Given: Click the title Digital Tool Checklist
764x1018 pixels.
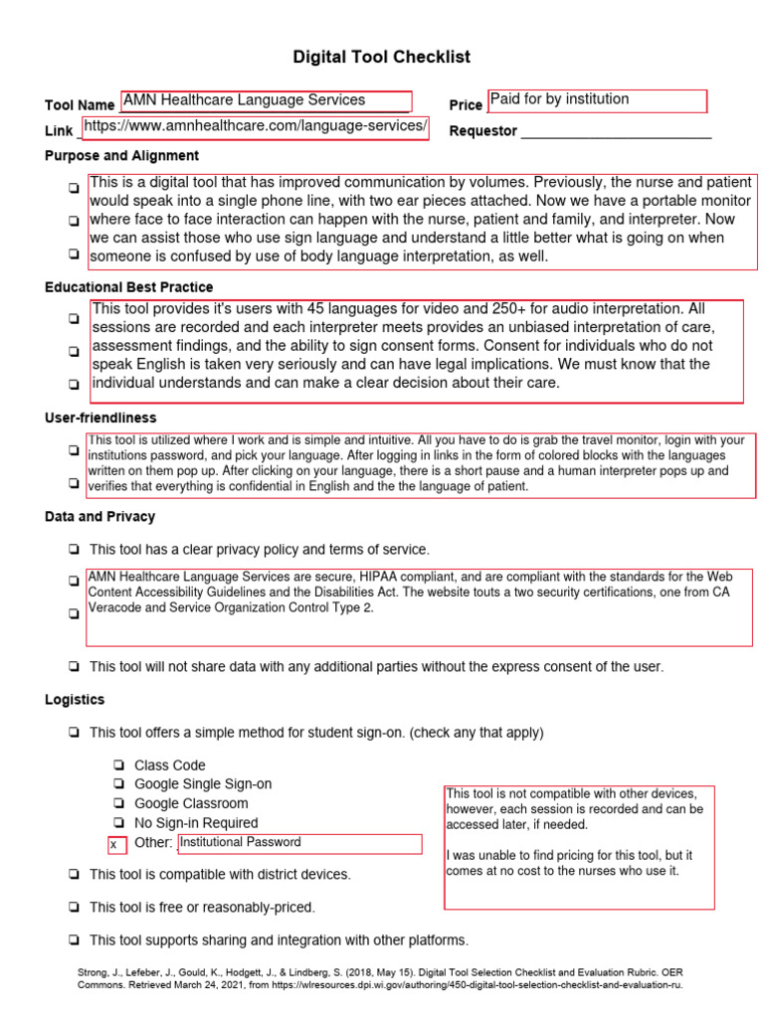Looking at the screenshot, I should point(381,58).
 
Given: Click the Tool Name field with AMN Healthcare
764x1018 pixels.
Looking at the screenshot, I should point(265,100).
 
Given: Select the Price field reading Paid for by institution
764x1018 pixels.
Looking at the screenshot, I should point(597,100).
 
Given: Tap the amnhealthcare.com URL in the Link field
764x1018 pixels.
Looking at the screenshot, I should point(255,126).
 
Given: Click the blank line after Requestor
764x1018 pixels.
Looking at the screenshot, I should point(616,132).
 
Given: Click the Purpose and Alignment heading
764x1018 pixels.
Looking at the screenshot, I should point(121,156).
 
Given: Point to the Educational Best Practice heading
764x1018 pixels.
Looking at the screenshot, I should point(128,287).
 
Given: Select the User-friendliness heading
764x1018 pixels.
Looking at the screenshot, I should point(100,418).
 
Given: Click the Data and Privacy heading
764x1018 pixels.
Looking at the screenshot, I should point(99,517).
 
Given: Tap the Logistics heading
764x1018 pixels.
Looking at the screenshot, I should point(75,700).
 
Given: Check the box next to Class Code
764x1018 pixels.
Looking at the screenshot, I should point(119,765).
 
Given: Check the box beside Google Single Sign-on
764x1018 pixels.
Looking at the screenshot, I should point(119,784).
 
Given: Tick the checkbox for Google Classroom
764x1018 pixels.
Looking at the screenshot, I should point(119,803).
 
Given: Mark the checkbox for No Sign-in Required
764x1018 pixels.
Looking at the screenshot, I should point(119,823).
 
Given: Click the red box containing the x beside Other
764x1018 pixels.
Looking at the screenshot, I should point(117,845).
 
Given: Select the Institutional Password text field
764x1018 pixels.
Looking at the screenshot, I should point(299,843).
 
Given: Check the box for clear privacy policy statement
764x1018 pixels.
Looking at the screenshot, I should point(75,550).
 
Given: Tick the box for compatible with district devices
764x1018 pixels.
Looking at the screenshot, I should point(75,875).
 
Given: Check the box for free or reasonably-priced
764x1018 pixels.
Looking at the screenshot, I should point(75,908).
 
